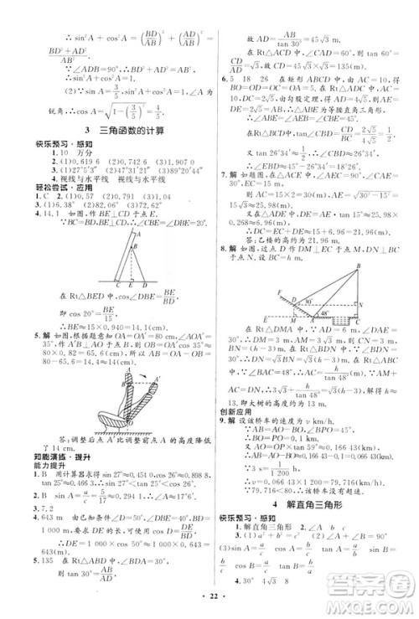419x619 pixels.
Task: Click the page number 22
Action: coord(209,606)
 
